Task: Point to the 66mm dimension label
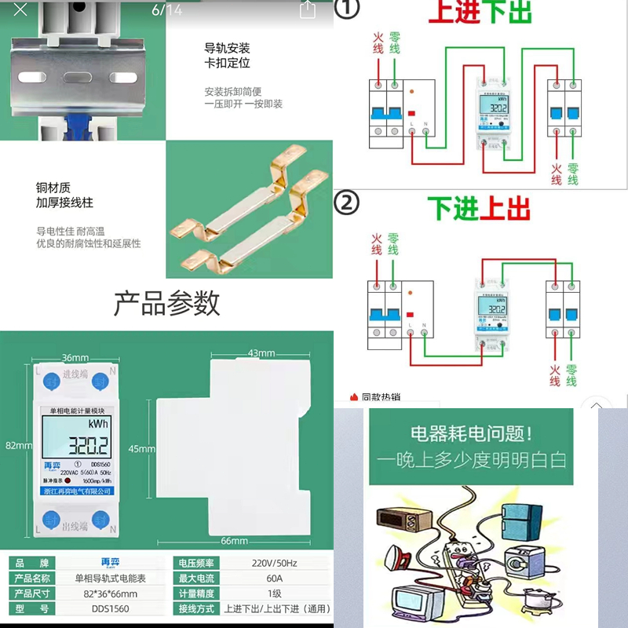click(x=233, y=541)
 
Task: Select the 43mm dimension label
click(x=261, y=353)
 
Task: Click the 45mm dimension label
click(x=141, y=448)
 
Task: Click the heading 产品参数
click(x=166, y=303)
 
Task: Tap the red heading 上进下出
click(x=480, y=13)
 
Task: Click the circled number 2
click(x=346, y=203)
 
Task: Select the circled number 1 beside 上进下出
click(x=346, y=10)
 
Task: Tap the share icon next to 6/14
click(x=308, y=10)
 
